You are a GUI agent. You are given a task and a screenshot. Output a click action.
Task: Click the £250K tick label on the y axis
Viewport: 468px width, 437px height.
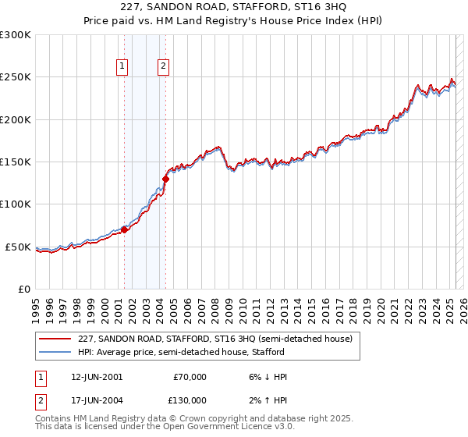point(16,77)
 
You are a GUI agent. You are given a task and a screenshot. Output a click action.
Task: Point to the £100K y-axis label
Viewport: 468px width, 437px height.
point(16,204)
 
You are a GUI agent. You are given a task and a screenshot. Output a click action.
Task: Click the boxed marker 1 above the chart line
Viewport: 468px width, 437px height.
point(123,67)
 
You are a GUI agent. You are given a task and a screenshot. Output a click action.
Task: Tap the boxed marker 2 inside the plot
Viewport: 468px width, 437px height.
point(164,67)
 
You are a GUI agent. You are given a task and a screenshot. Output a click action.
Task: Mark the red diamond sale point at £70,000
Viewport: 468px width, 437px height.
point(124,229)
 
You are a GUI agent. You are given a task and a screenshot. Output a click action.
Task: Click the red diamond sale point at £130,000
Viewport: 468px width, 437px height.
point(165,179)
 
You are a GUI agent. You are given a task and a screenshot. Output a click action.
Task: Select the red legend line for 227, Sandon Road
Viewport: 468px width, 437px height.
point(55,339)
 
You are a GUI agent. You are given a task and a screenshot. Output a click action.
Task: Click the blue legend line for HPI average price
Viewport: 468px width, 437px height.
point(55,352)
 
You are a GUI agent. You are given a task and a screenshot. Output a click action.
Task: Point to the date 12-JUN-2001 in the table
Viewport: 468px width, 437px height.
point(97,377)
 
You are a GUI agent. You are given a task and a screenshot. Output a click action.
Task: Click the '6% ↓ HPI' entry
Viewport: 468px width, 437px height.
point(264,377)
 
